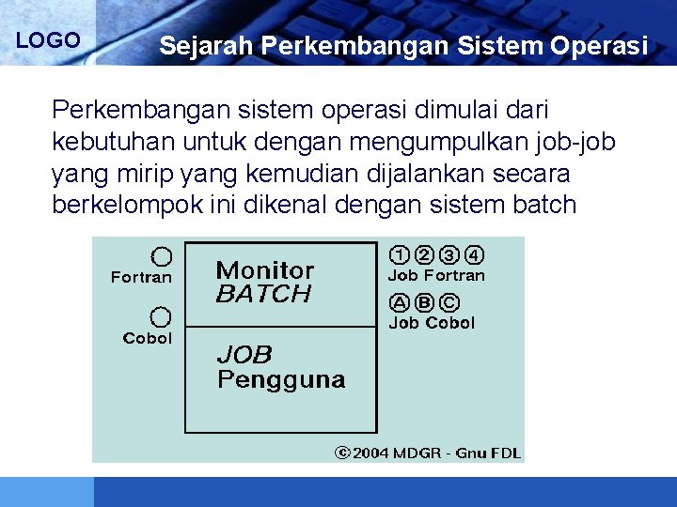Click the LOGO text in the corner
tap(48, 40)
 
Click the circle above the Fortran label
tap(162, 256)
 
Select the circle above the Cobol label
tap(162, 316)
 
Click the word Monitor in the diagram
tap(265, 270)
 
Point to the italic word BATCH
tap(263, 294)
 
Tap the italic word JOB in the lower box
tap(244, 355)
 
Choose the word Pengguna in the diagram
tap(281, 379)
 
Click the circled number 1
tap(400, 254)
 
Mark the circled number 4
tap(475, 254)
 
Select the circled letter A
tap(400, 302)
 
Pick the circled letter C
tap(449, 302)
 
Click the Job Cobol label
tap(432, 323)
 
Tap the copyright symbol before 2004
tap(343, 453)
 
